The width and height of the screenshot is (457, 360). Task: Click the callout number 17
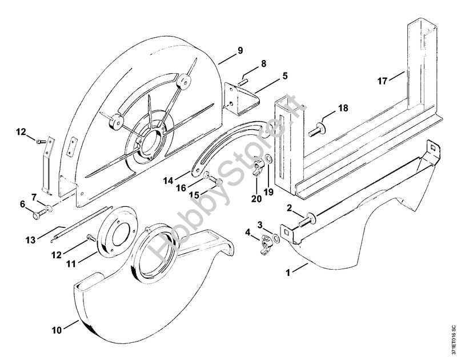[382, 81]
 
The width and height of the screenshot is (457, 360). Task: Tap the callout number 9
[240, 50]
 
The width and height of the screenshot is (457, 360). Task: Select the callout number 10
[57, 330]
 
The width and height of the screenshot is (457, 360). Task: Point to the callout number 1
[288, 273]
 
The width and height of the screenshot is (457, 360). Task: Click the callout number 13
[30, 240]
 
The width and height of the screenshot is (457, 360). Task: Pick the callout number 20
[256, 199]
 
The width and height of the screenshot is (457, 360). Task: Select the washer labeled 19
[268, 159]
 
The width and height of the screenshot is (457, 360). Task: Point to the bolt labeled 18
[316, 130]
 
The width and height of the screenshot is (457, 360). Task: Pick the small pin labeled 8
[242, 82]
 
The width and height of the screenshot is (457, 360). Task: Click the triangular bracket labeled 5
[242, 99]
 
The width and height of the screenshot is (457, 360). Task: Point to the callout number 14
[168, 181]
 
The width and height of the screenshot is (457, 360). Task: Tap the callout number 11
[71, 264]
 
